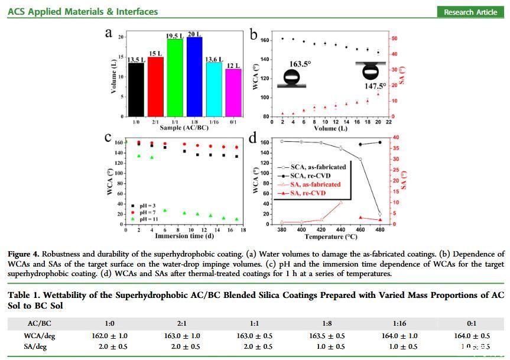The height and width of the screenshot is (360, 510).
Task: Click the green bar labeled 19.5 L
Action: (174, 77)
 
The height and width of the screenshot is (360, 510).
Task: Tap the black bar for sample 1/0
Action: (136, 89)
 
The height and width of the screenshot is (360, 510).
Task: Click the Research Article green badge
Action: (470, 12)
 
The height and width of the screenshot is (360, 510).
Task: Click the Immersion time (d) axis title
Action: (183, 236)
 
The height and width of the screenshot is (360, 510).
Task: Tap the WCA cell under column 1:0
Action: (110, 335)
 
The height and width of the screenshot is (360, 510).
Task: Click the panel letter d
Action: (254, 138)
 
